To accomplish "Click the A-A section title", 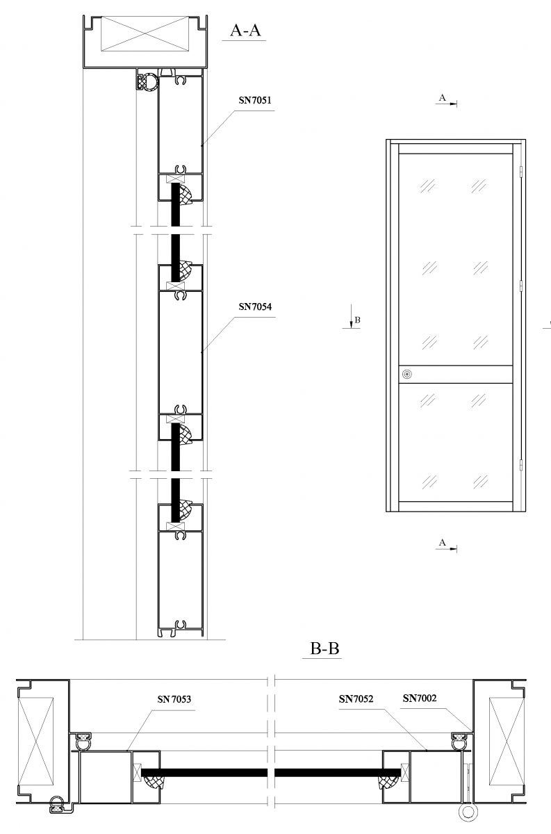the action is pos(245,30).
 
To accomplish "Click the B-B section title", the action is pos(324,648).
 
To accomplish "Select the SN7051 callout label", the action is pos(255,100).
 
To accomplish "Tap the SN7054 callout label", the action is pos(255,306).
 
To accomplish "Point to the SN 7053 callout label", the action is pos(174,699).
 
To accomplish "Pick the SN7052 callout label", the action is pos(356,699).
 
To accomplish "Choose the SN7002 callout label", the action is pos(420,698).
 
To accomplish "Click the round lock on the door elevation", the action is pos(407,374).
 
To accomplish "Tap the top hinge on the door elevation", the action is pos(521,171).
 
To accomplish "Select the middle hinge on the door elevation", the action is pos(521,286).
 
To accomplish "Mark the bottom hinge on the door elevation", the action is pos(521,465).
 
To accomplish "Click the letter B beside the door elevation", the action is pos(357,320).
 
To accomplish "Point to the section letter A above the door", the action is pos(443,97).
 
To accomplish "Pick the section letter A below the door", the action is pos(443,543).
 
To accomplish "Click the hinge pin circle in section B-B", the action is pos(468,822).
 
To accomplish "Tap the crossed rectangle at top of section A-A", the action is pos(145,33).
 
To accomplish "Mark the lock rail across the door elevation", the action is pos(456,374).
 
